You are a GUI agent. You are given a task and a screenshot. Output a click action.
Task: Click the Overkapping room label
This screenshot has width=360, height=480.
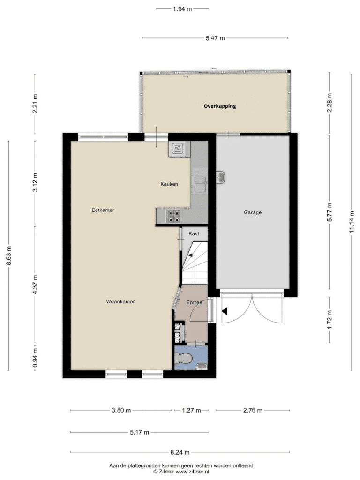click(220, 106)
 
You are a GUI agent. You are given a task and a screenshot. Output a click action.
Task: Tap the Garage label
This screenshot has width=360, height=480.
click(253, 212)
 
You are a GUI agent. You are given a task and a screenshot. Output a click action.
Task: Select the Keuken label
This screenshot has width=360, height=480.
click(169, 184)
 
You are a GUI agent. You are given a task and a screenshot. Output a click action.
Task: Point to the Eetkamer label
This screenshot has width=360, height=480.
click(103, 210)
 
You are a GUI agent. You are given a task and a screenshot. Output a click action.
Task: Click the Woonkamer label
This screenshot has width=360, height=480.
click(120, 301)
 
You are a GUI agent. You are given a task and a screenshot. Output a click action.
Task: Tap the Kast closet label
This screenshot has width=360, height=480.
click(194, 233)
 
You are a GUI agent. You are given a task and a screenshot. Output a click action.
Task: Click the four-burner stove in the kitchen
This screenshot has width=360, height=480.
click(173, 216)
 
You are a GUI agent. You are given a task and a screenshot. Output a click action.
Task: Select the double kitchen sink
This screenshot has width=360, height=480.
click(200, 184)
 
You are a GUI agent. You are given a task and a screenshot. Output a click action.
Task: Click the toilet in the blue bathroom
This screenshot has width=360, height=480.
click(183, 358)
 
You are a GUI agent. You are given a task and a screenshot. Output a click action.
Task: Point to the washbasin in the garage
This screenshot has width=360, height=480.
click(220, 177)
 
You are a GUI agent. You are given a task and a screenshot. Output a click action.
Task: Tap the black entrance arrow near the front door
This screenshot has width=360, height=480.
click(225, 312)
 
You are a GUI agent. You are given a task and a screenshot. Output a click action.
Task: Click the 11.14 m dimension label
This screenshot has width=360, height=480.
click(352, 222)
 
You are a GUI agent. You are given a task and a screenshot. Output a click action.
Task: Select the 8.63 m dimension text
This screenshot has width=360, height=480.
click(9, 256)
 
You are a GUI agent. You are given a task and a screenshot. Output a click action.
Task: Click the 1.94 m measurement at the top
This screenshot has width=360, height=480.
click(182, 9)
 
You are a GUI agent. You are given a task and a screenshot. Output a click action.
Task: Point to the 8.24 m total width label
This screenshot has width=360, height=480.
click(180, 452)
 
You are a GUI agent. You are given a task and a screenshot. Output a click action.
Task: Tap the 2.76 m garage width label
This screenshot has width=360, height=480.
click(253, 410)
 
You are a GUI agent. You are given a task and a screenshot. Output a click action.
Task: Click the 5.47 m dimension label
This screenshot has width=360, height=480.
click(215, 38)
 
